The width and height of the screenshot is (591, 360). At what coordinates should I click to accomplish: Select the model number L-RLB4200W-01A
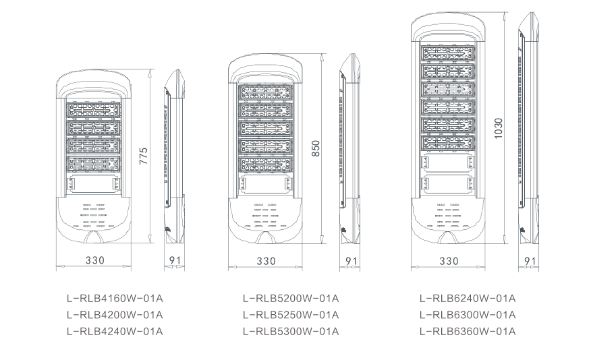click(x=115, y=315)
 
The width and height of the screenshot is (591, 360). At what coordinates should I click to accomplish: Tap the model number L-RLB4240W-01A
click(x=115, y=331)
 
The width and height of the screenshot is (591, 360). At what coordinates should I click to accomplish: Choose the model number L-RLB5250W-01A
click(x=290, y=315)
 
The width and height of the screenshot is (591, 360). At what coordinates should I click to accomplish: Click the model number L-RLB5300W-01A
click(x=290, y=331)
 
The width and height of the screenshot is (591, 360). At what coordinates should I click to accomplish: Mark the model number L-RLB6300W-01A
click(x=468, y=315)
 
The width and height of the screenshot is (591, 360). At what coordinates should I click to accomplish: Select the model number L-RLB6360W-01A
click(x=468, y=331)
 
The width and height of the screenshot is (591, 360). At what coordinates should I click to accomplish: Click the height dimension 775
click(x=143, y=156)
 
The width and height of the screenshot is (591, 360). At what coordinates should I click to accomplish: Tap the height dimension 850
click(x=316, y=149)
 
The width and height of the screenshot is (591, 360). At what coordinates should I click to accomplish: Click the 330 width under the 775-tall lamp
click(x=95, y=260)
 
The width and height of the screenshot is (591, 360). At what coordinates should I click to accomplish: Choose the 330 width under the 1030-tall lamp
click(x=449, y=260)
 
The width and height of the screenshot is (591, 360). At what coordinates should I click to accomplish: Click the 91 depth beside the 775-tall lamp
click(x=173, y=260)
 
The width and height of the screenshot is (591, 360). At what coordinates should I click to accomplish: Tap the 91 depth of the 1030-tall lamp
click(x=530, y=260)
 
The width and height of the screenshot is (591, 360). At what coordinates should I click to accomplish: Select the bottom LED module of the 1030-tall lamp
click(x=449, y=142)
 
